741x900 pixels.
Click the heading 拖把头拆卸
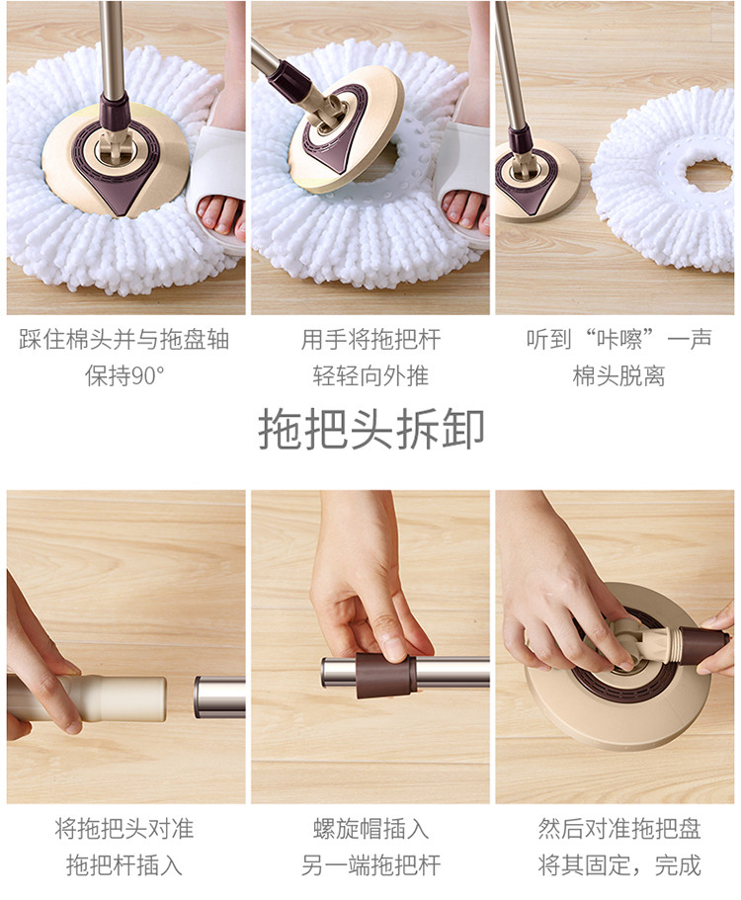(x=370, y=430)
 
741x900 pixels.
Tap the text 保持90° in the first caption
(x=124, y=376)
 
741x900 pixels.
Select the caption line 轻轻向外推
(x=370, y=376)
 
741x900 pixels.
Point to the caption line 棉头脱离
(x=618, y=376)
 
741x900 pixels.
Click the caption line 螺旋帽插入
(x=370, y=829)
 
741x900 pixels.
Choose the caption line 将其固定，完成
(x=619, y=865)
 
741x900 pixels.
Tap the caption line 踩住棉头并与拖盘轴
(x=124, y=339)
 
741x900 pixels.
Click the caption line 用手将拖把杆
(x=370, y=339)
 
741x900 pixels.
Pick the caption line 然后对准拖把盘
(x=619, y=829)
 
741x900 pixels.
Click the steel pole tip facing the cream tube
(x=199, y=696)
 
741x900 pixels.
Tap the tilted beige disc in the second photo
(x=346, y=121)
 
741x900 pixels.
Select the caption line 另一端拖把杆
(x=370, y=865)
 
